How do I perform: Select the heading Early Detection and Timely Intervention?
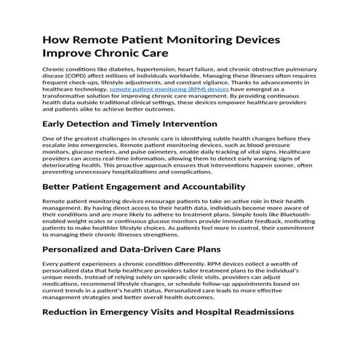[x=130, y=124]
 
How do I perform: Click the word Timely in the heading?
[x=154, y=124]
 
